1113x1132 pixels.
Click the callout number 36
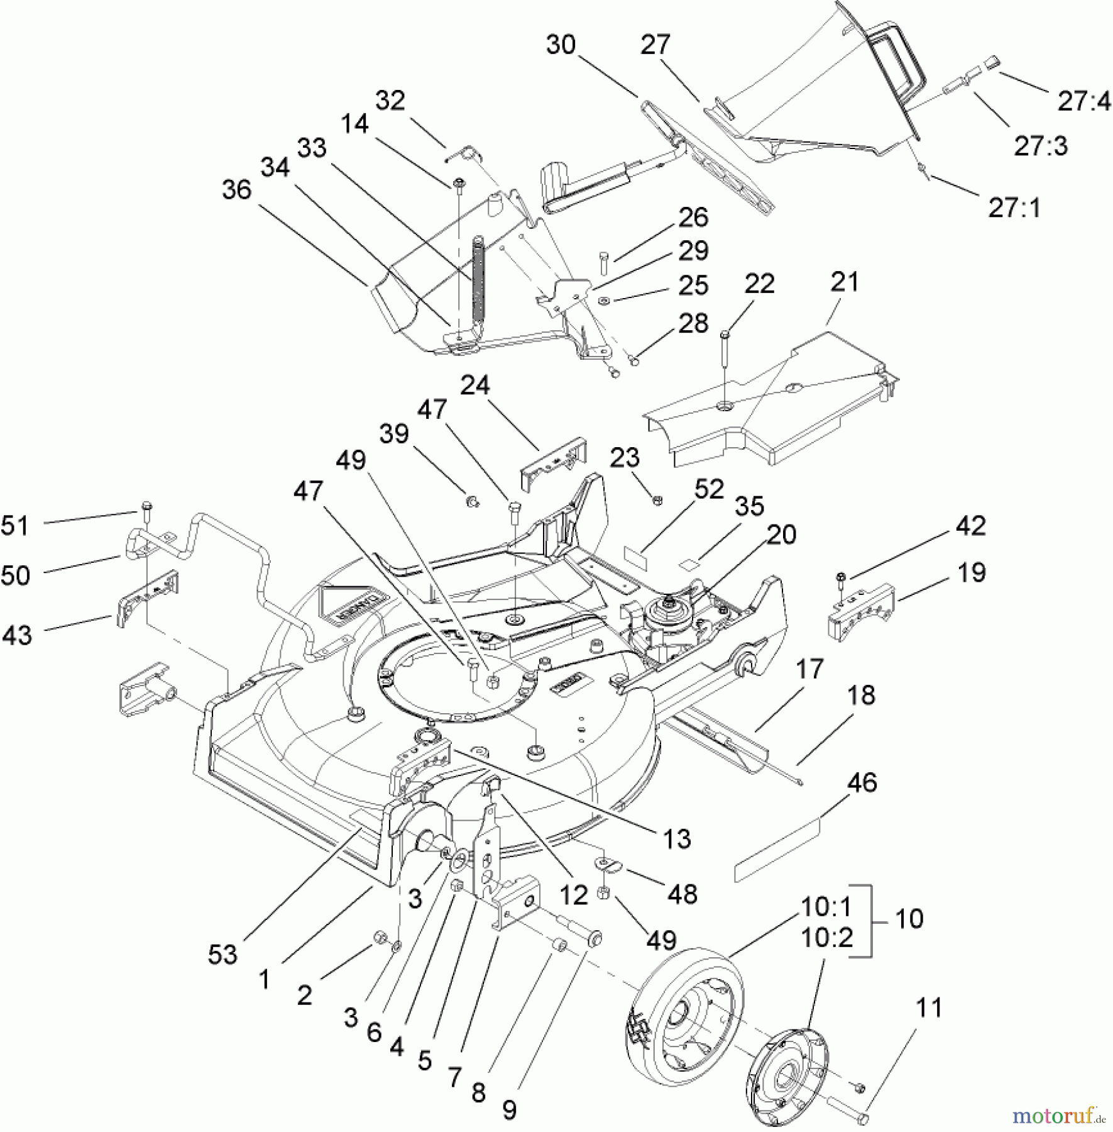coord(237,190)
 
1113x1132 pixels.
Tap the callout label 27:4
coord(1084,101)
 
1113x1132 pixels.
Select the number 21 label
coord(844,282)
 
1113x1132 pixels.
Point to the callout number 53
coord(222,955)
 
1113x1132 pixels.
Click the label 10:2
coord(826,938)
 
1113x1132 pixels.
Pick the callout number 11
coord(929,1008)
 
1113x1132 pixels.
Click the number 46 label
coord(862,782)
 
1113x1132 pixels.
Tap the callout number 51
coord(15,526)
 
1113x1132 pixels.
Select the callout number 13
coord(677,838)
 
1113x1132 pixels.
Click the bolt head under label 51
coord(146,506)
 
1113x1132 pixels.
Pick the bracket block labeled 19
coord(861,611)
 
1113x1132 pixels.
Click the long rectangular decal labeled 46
coord(778,848)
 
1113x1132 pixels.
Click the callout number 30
coord(561,45)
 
